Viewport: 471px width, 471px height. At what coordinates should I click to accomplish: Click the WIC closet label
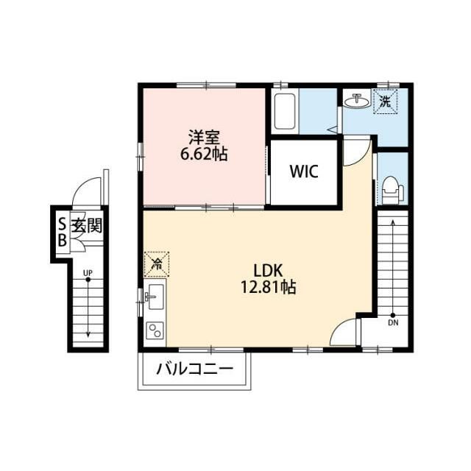[x=304, y=171]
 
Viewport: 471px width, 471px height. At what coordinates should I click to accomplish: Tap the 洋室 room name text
[x=204, y=137]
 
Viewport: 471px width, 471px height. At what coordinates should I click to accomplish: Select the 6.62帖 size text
[x=204, y=154]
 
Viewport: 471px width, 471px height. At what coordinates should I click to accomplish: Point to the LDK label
[x=268, y=271]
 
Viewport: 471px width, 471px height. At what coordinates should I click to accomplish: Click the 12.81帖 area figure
[x=268, y=287]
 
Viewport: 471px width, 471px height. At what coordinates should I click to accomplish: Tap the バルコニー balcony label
[x=194, y=369]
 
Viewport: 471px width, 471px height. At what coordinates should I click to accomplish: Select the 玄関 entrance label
[x=87, y=225]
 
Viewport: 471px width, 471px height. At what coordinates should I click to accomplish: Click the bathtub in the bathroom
[x=285, y=111]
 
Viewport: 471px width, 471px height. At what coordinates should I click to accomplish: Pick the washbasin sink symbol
[x=356, y=102]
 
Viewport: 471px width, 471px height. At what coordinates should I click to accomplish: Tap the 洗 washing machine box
[x=386, y=102]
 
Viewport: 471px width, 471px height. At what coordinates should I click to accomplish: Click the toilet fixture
[x=392, y=191]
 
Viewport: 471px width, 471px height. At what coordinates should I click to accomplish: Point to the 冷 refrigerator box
[x=157, y=264]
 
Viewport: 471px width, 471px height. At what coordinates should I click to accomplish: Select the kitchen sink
[x=155, y=297]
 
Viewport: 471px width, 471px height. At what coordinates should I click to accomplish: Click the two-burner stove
[x=155, y=330]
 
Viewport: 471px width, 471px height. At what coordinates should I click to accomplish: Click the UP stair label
[x=88, y=273]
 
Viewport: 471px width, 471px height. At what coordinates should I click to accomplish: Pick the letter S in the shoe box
[x=62, y=224]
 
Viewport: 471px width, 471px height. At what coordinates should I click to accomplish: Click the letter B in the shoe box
[x=62, y=241]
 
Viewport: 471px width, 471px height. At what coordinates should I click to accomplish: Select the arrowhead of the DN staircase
[x=393, y=222]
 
